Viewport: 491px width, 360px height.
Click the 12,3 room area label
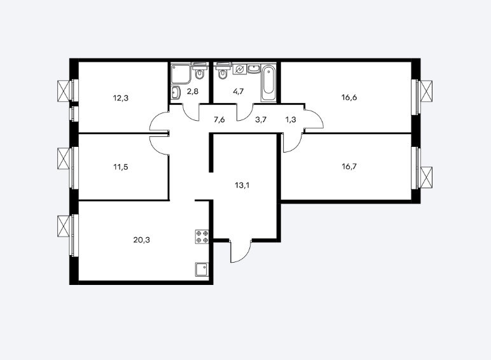pyautogui.click(x=121, y=99)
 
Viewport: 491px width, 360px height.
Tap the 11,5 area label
pyautogui.click(x=121, y=167)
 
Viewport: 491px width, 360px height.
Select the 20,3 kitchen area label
pyautogui.click(x=142, y=240)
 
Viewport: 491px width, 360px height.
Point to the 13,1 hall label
pyautogui.click(x=242, y=185)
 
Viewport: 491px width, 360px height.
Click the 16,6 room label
pyautogui.click(x=349, y=98)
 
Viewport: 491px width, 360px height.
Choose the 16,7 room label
pyautogui.click(x=349, y=166)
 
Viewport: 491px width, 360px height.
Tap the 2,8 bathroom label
pyautogui.click(x=193, y=92)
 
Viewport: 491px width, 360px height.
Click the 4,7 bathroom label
pyautogui.click(x=239, y=92)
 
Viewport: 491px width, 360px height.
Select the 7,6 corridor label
pyautogui.click(x=219, y=120)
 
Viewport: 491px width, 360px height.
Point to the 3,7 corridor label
pyautogui.click(x=261, y=120)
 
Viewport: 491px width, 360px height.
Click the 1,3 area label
pyautogui.click(x=291, y=120)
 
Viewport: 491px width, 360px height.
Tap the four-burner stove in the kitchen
pyautogui.click(x=202, y=237)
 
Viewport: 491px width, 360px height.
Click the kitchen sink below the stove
pyautogui.click(x=202, y=270)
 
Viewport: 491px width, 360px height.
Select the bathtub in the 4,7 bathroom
pyautogui.click(x=268, y=83)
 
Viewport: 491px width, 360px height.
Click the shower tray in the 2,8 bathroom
pyautogui.click(x=181, y=74)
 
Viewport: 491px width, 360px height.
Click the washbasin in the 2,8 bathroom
pyautogui.click(x=176, y=93)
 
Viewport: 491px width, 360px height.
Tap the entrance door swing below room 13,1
pyautogui.click(x=241, y=251)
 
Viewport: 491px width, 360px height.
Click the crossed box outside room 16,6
pyautogui.click(x=426, y=91)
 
